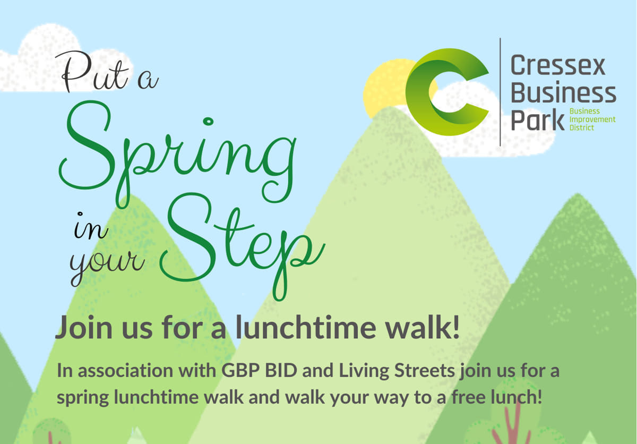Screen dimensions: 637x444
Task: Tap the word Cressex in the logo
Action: (558, 65)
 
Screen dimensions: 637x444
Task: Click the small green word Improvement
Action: (592, 119)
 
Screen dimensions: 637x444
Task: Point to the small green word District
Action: (582, 127)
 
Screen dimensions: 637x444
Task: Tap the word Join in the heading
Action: (84, 327)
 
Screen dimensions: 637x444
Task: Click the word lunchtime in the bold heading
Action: (306, 327)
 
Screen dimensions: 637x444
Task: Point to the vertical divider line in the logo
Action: (500, 92)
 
